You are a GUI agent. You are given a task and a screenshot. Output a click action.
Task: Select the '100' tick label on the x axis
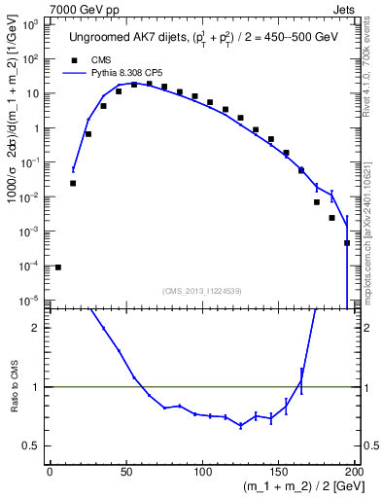tap(203, 472)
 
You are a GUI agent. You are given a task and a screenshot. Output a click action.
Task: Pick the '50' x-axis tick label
tap(125, 472)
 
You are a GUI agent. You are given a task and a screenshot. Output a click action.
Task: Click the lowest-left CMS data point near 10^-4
tap(58, 267)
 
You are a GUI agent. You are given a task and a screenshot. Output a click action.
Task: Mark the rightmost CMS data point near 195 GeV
tap(347, 242)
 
